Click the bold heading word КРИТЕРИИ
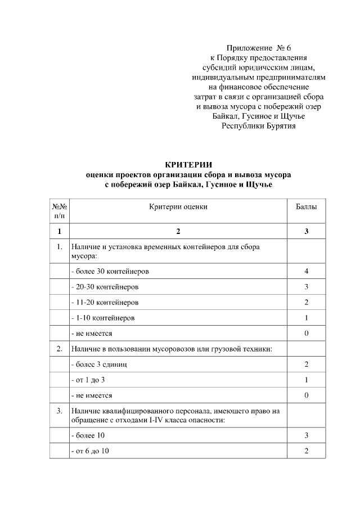[188, 165]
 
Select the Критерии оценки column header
[178, 206]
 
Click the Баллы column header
[306, 206]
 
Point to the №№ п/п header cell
[60, 211]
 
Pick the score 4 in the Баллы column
[306, 271]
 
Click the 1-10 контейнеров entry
[103, 318]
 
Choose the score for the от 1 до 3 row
[306, 380]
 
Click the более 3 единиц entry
[98, 364]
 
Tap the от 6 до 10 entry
[90, 451]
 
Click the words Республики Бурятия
[258, 126]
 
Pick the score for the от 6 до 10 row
[306, 451]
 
